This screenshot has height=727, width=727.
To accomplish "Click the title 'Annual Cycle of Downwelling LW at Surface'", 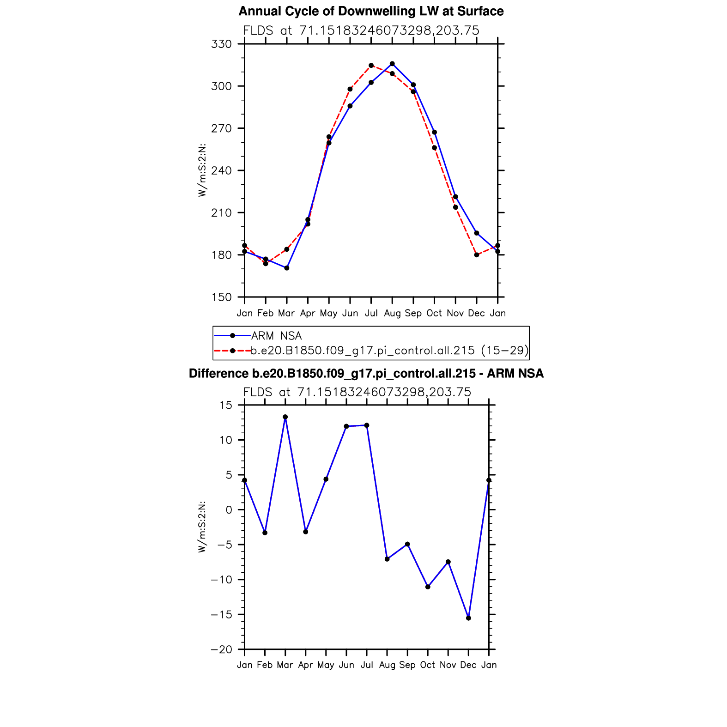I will (371, 11).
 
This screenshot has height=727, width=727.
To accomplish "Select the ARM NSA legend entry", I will (276, 336).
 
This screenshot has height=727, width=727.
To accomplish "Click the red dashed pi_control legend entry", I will (389, 351).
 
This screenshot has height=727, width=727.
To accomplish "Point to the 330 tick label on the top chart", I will (221, 44).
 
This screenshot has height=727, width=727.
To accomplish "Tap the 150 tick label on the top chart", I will (221, 297).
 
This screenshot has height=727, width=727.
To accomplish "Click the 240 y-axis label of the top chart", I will (221, 171).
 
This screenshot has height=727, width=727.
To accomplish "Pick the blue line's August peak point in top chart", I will (392, 64).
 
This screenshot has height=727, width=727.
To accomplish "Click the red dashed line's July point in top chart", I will (371, 66).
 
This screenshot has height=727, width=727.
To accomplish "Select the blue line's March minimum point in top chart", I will (287, 268).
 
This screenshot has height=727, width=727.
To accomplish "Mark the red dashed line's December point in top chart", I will (477, 255).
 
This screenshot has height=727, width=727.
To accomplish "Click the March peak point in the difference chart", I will (285, 417).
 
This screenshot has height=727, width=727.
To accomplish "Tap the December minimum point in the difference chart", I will (468, 618).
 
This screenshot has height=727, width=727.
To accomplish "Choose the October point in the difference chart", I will (428, 587).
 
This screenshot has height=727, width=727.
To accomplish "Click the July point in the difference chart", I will (367, 425).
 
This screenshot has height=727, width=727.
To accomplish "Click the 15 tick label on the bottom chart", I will (226, 406).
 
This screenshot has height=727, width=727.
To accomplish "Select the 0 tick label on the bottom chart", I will (229, 510).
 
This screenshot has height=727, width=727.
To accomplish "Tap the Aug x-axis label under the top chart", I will (392, 313).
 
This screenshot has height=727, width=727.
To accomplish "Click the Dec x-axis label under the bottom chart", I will (468, 665).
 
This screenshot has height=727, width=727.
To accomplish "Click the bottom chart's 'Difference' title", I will (366, 373).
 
